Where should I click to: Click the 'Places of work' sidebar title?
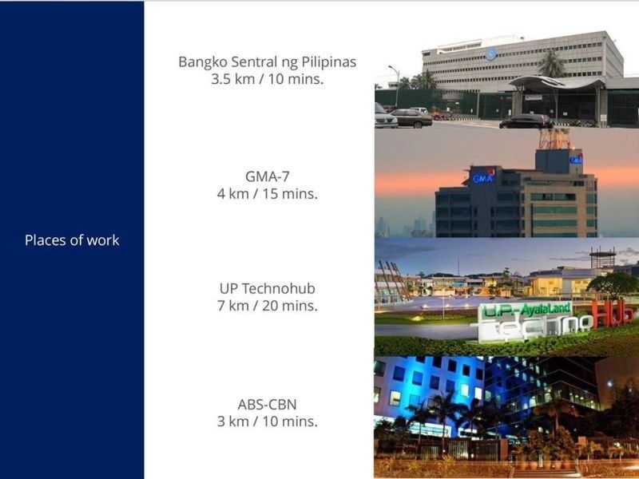pyautogui.click(x=72, y=240)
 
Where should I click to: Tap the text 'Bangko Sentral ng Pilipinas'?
pyautogui.click(x=268, y=62)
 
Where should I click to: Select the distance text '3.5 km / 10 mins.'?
pyautogui.click(x=268, y=79)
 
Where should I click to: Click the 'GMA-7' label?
pyautogui.click(x=268, y=176)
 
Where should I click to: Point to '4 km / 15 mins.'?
pyautogui.click(x=268, y=193)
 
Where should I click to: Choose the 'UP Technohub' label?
pyautogui.click(x=268, y=288)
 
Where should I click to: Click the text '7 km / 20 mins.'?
pyautogui.click(x=268, y=306)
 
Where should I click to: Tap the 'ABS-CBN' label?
pyautogui.click(x=268, y=405)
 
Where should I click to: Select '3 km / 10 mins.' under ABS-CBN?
pyautogui.click(x=268, y=422)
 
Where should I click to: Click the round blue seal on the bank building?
pyautogui.click(x=491, y=53)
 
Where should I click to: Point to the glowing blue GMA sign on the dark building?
pyautogui.click(x=483, y=176)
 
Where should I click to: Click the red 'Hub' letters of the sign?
pyautogui.click(x=612, y=314)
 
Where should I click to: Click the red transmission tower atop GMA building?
pyautogui.click(x=554, y=138)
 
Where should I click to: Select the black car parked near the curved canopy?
pyautogui.click(x=526, y=121)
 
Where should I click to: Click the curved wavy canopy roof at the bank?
pyautogui.click(x=557, y=83)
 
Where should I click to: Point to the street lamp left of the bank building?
pyautogui.click(x=395, y=86)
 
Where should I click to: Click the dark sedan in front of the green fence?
pyautogui.click(x=411, y=118)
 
